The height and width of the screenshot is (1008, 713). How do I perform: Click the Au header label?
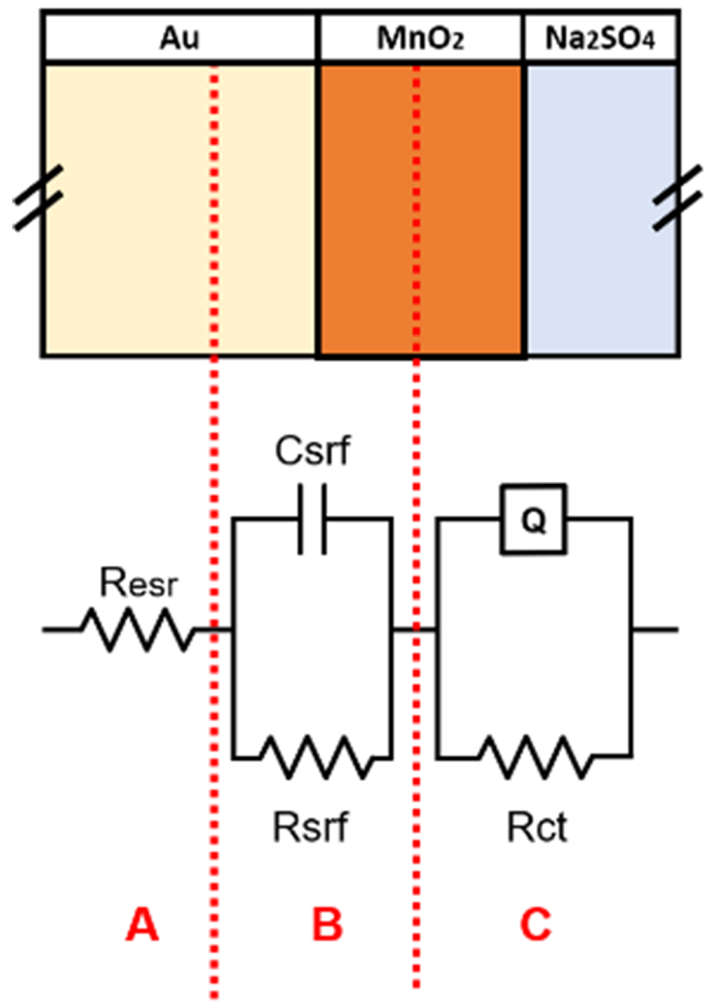[180, 38]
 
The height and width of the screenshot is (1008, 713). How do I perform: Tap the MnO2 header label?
[420, 38]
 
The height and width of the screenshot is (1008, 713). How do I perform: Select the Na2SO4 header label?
[600, 38]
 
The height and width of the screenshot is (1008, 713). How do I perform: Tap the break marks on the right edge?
[678, 198]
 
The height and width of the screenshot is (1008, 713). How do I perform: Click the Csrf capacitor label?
[313, 451]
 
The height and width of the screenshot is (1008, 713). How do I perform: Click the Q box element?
[533, 519]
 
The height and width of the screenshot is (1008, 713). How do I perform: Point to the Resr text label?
[139, 583]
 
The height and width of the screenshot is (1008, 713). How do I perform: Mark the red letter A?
[142, 925]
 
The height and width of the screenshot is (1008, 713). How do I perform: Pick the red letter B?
[327, 925]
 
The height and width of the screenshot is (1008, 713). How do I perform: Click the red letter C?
[536, 925]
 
